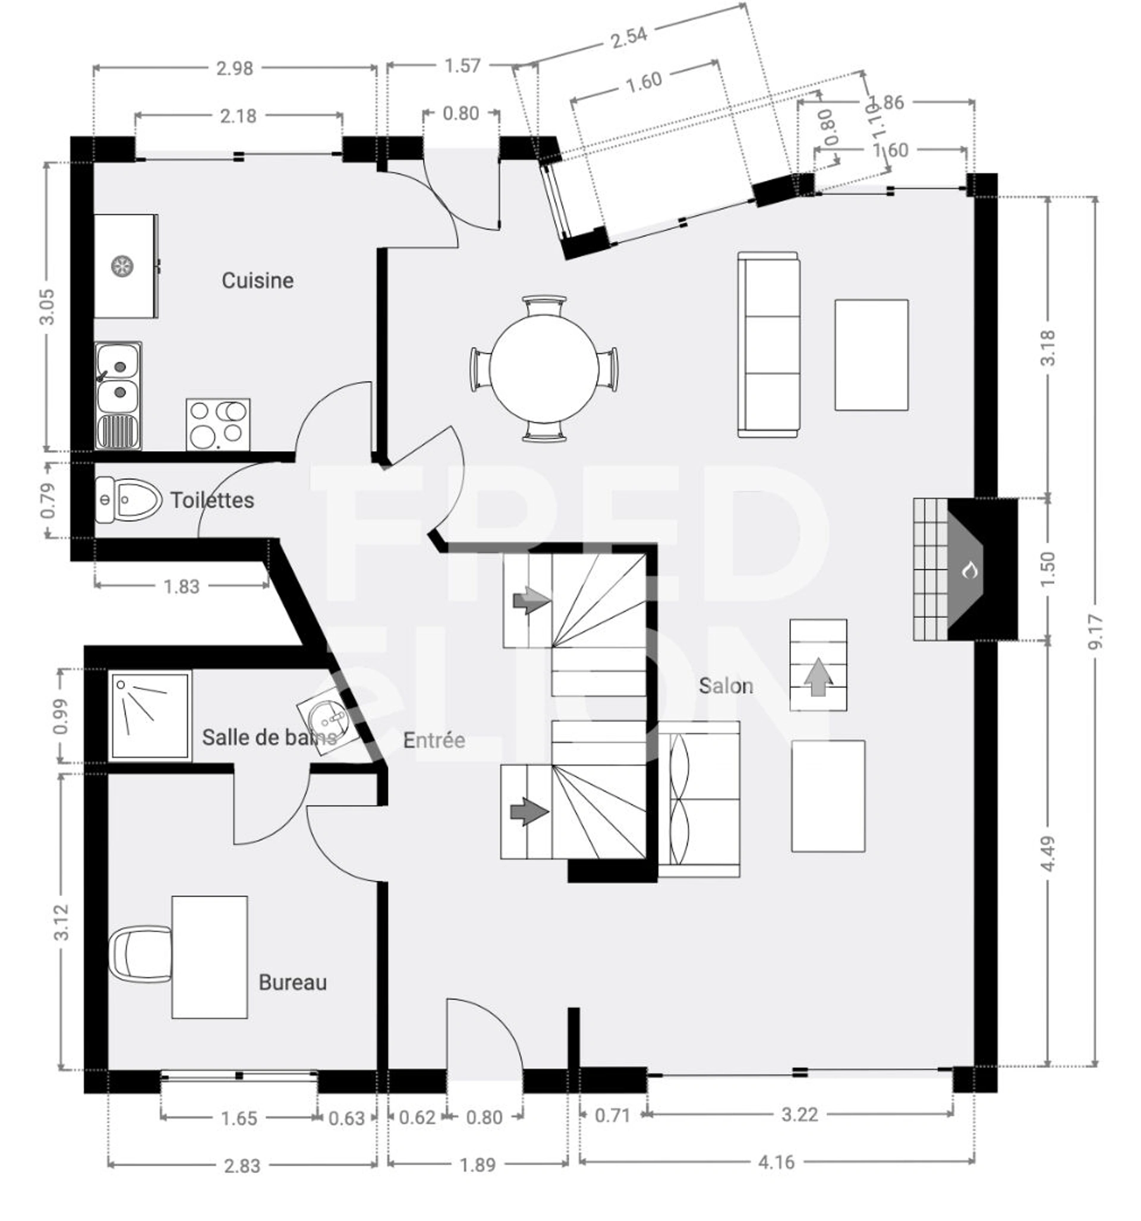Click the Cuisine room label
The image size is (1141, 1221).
[x=257, y=280]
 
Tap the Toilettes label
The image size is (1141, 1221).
[x=212, y=500]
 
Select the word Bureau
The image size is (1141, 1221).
[x=292, y=982]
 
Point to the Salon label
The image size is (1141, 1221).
[x=725, y=686]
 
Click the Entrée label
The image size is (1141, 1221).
[x=434, y=740]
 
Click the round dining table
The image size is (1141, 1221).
[x=544, y=368]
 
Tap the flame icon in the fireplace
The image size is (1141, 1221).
[x=970, y=570]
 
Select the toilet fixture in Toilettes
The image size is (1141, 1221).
[x=128, y=500]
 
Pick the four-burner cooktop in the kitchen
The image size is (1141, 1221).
[x=218, y=424]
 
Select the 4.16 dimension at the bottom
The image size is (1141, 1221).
[x=776, y=1162]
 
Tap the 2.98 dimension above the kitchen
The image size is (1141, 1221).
[x=234, y=68]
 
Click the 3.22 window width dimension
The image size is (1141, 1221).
[x=799, y=1114]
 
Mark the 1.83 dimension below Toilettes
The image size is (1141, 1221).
[x=181, y=586]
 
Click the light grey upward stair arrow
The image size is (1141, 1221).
[x=818, y=677]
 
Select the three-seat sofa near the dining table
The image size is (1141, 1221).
[x=768, y=344]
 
